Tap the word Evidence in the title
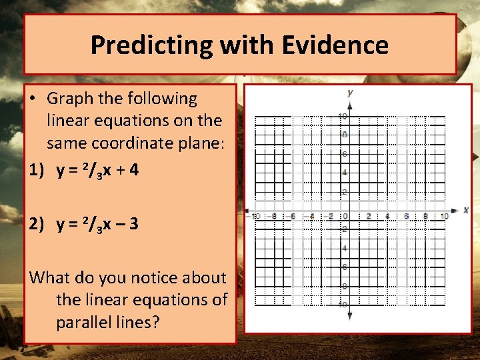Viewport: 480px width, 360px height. (x=335, y=45)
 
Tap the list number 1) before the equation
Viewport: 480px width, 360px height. (x=37, y=170)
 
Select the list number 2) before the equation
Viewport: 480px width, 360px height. (x=37, y=223)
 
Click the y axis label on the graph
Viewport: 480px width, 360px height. (x=350, y=92)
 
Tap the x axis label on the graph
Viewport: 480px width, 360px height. (x=465, y=210)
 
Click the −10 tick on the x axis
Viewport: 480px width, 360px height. (x=254, y=216)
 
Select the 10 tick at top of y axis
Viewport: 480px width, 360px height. (x=343, y=117)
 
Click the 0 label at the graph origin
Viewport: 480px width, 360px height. (x=345, y=216)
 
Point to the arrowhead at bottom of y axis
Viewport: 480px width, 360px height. (x=350, y=315)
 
